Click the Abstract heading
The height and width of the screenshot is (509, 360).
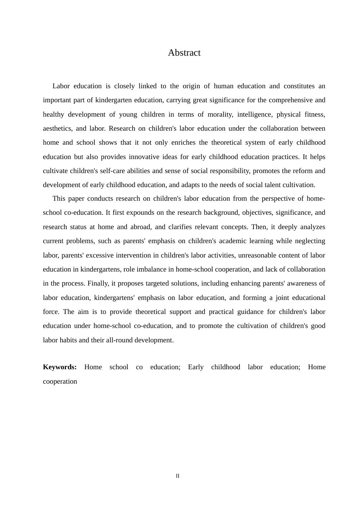(184, 53)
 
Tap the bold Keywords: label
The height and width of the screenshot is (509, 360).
(60, 367)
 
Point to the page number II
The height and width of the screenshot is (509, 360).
(177, 476)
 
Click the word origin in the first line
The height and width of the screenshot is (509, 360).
(191, 86)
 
